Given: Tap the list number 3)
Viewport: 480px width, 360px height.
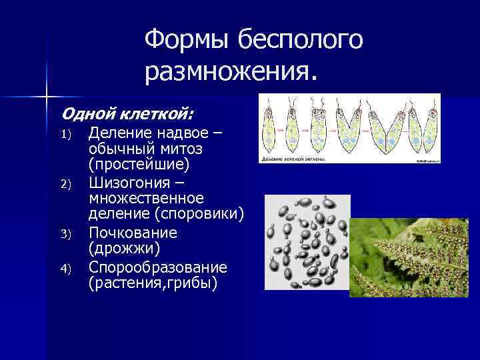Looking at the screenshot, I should (65, 234).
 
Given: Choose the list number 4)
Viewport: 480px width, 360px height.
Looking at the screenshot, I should (65, 268).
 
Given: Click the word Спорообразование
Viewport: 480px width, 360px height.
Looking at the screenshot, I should (158, 267).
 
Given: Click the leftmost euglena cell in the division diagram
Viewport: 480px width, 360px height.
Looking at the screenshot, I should (269, 127).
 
